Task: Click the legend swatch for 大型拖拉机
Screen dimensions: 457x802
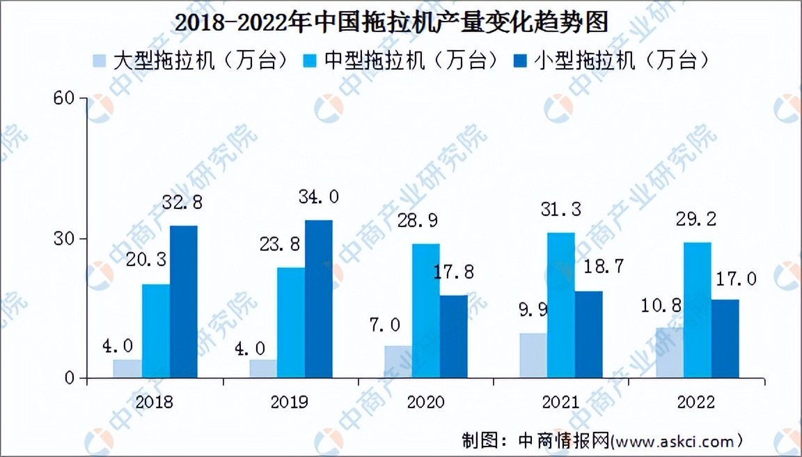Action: click(100, 61)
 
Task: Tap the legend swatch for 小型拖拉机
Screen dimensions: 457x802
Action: click(521, 61)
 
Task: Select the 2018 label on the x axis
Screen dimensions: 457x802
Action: click(155, 402)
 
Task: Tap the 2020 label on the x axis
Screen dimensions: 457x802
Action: click(425, 402)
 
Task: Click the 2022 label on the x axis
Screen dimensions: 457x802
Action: click(695, 402)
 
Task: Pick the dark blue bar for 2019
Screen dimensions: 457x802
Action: click(318, 300)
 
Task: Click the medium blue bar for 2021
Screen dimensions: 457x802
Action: click(560, 305)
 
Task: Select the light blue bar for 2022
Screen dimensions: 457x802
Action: click(669, 353)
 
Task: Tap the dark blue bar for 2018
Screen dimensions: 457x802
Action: click(183, 302)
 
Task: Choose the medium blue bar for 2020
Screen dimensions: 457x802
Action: click(425, 311)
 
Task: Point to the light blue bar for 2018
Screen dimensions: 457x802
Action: click(127, 369)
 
